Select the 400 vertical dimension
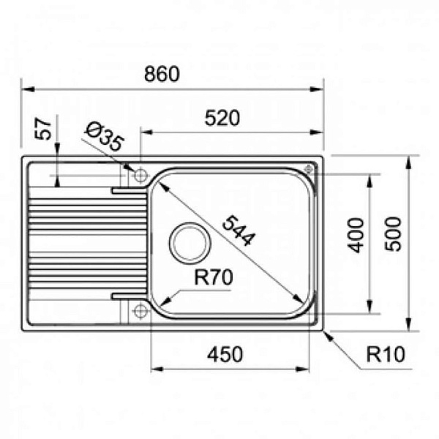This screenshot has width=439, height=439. [356, 234]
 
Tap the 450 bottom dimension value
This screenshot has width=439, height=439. [224, 355]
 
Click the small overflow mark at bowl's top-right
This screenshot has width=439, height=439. [308, 169]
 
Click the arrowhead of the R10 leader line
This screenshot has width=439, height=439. [325, 331]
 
